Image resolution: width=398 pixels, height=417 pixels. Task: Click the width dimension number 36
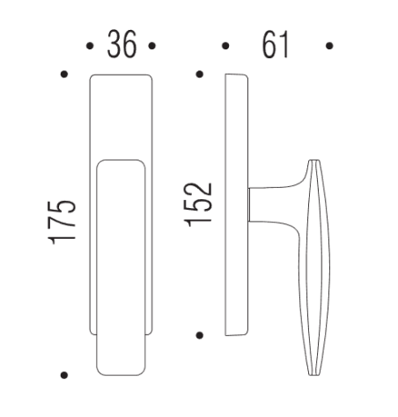(122, 44)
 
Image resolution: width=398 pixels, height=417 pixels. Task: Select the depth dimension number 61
(276, 44)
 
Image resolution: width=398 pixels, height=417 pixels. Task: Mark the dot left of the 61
(225, 45)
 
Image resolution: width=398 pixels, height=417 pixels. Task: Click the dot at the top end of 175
(63, 75)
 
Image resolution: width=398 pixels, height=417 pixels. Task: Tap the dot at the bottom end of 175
(63, 375)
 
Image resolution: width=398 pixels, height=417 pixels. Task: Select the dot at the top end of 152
(201, 75)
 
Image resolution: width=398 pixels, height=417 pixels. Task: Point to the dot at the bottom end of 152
(201, 335)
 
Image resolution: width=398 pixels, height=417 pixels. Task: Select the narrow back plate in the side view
(235, 205)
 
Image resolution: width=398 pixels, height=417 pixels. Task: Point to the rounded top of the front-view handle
(122, 164)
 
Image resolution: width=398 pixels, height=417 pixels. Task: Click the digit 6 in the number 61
(268, 44)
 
